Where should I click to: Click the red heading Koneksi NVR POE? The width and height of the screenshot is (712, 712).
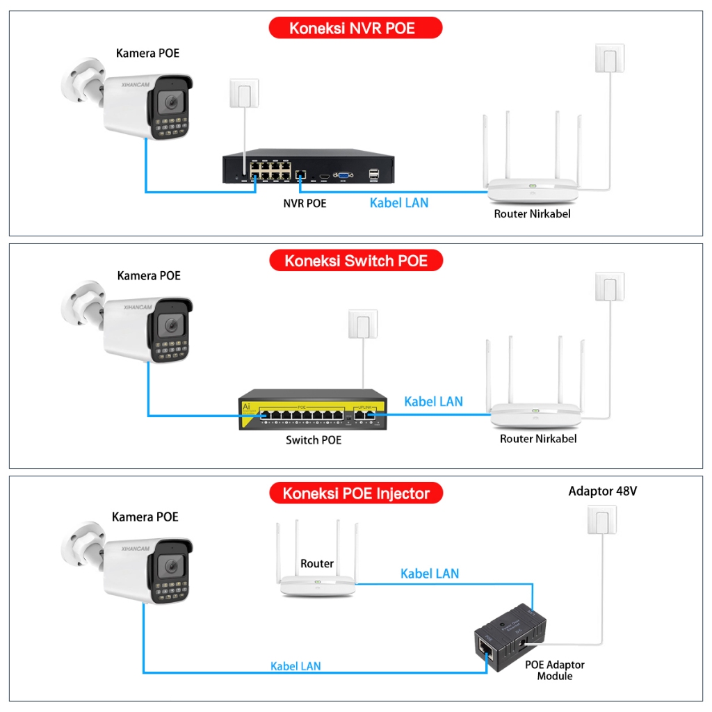(355, 29)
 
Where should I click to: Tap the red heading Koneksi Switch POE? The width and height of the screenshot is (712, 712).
(355, 261)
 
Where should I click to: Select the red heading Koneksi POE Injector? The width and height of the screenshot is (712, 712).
(355, 494)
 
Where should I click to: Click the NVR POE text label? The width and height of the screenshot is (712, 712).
(305, 203)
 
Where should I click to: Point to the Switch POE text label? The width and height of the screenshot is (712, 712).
(314, 440)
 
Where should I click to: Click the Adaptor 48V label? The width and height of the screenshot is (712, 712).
(602, 492)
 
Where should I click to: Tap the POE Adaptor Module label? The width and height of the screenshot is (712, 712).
(554, 670)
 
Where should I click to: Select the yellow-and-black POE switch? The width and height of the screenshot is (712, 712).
(312, 414)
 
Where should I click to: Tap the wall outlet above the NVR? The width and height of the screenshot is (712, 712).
(244, 93)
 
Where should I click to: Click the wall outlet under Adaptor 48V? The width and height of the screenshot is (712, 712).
(602, 519)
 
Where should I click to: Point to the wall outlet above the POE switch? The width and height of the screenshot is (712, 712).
(363, 324)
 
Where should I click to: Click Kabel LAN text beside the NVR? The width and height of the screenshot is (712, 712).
(399, 203)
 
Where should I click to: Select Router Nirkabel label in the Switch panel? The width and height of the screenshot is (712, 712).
(538, 439)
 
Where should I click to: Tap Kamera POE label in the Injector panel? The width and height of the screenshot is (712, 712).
(145, 517)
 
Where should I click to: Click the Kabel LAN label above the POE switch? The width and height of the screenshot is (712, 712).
(433, 401)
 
